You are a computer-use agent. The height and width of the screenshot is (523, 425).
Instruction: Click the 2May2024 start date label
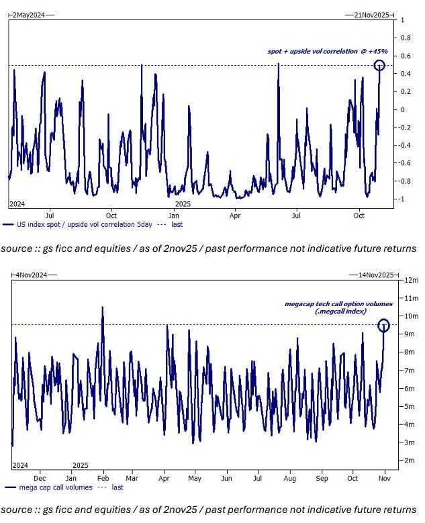(26, 13)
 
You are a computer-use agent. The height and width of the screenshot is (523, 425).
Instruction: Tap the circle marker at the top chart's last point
(379, 65)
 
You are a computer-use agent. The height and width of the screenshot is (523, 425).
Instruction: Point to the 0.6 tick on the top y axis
(406, 56)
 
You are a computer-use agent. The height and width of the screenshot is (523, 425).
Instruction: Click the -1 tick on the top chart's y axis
(403, 199)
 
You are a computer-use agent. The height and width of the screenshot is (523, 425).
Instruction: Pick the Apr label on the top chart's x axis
(235, 216)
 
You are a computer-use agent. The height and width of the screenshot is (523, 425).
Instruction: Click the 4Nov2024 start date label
(28, 275)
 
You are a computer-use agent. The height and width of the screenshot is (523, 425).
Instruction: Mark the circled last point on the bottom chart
(383, 326)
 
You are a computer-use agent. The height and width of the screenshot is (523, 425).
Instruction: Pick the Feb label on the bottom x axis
(103, 477)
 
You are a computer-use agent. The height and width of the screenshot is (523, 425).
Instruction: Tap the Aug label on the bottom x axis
(290, 477)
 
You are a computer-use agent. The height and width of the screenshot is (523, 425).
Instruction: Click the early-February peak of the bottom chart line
(102, 307)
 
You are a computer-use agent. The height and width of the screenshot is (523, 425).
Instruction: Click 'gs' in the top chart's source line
(48, 248)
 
